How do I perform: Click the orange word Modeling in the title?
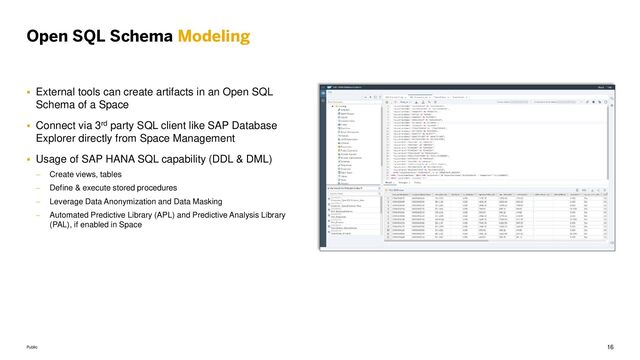213,38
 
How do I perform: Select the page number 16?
610,345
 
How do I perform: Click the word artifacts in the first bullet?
183,93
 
